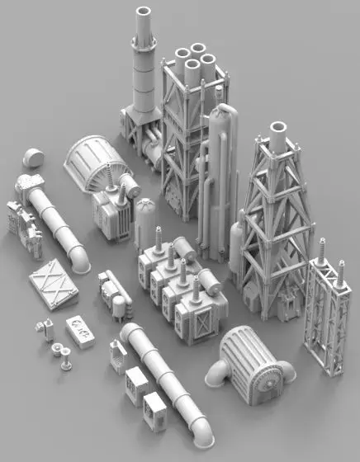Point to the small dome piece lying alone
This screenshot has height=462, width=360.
(34, 157)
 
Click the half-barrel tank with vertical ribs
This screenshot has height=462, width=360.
(90, 162)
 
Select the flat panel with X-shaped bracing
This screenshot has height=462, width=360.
(53, 281)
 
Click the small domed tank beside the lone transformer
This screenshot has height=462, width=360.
(145, 219)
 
